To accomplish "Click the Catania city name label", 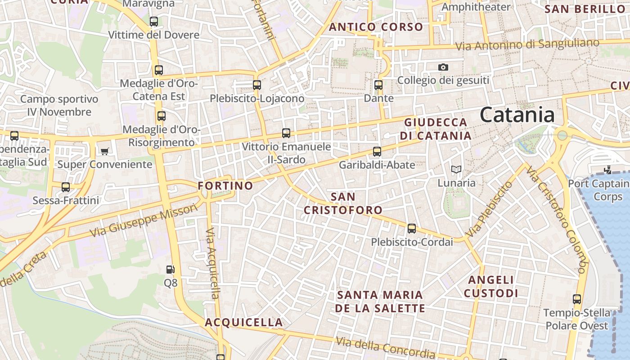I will [x=517, y=115].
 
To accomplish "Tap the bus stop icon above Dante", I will [x=378, y=85].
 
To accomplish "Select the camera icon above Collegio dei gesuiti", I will [x=443, y=67].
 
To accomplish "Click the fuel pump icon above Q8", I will [x=170, y=270].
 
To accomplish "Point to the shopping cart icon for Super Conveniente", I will [x=105, y=151].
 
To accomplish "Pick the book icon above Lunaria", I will [x=456, y=170].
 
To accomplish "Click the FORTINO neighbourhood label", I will [x=225, y=185].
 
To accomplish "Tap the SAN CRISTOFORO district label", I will [x=343, y=203].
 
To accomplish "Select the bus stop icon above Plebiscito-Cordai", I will [x=411, y=228].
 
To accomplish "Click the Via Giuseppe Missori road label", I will [x=144, y=220].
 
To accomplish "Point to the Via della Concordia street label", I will [x=385, y=347].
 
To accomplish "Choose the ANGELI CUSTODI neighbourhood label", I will [x=491, y=287].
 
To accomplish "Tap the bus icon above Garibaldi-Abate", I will [x=377, y=151].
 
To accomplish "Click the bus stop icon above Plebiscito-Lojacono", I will [x=256, y=85].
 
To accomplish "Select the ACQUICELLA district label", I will [x=244, y=322].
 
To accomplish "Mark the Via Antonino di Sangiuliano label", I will [x=527, y=45].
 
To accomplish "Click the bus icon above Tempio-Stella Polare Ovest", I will [x=576, y=299].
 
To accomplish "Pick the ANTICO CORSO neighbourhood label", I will [x=376, y=27].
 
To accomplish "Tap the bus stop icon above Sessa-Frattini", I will [x=66, y=187].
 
